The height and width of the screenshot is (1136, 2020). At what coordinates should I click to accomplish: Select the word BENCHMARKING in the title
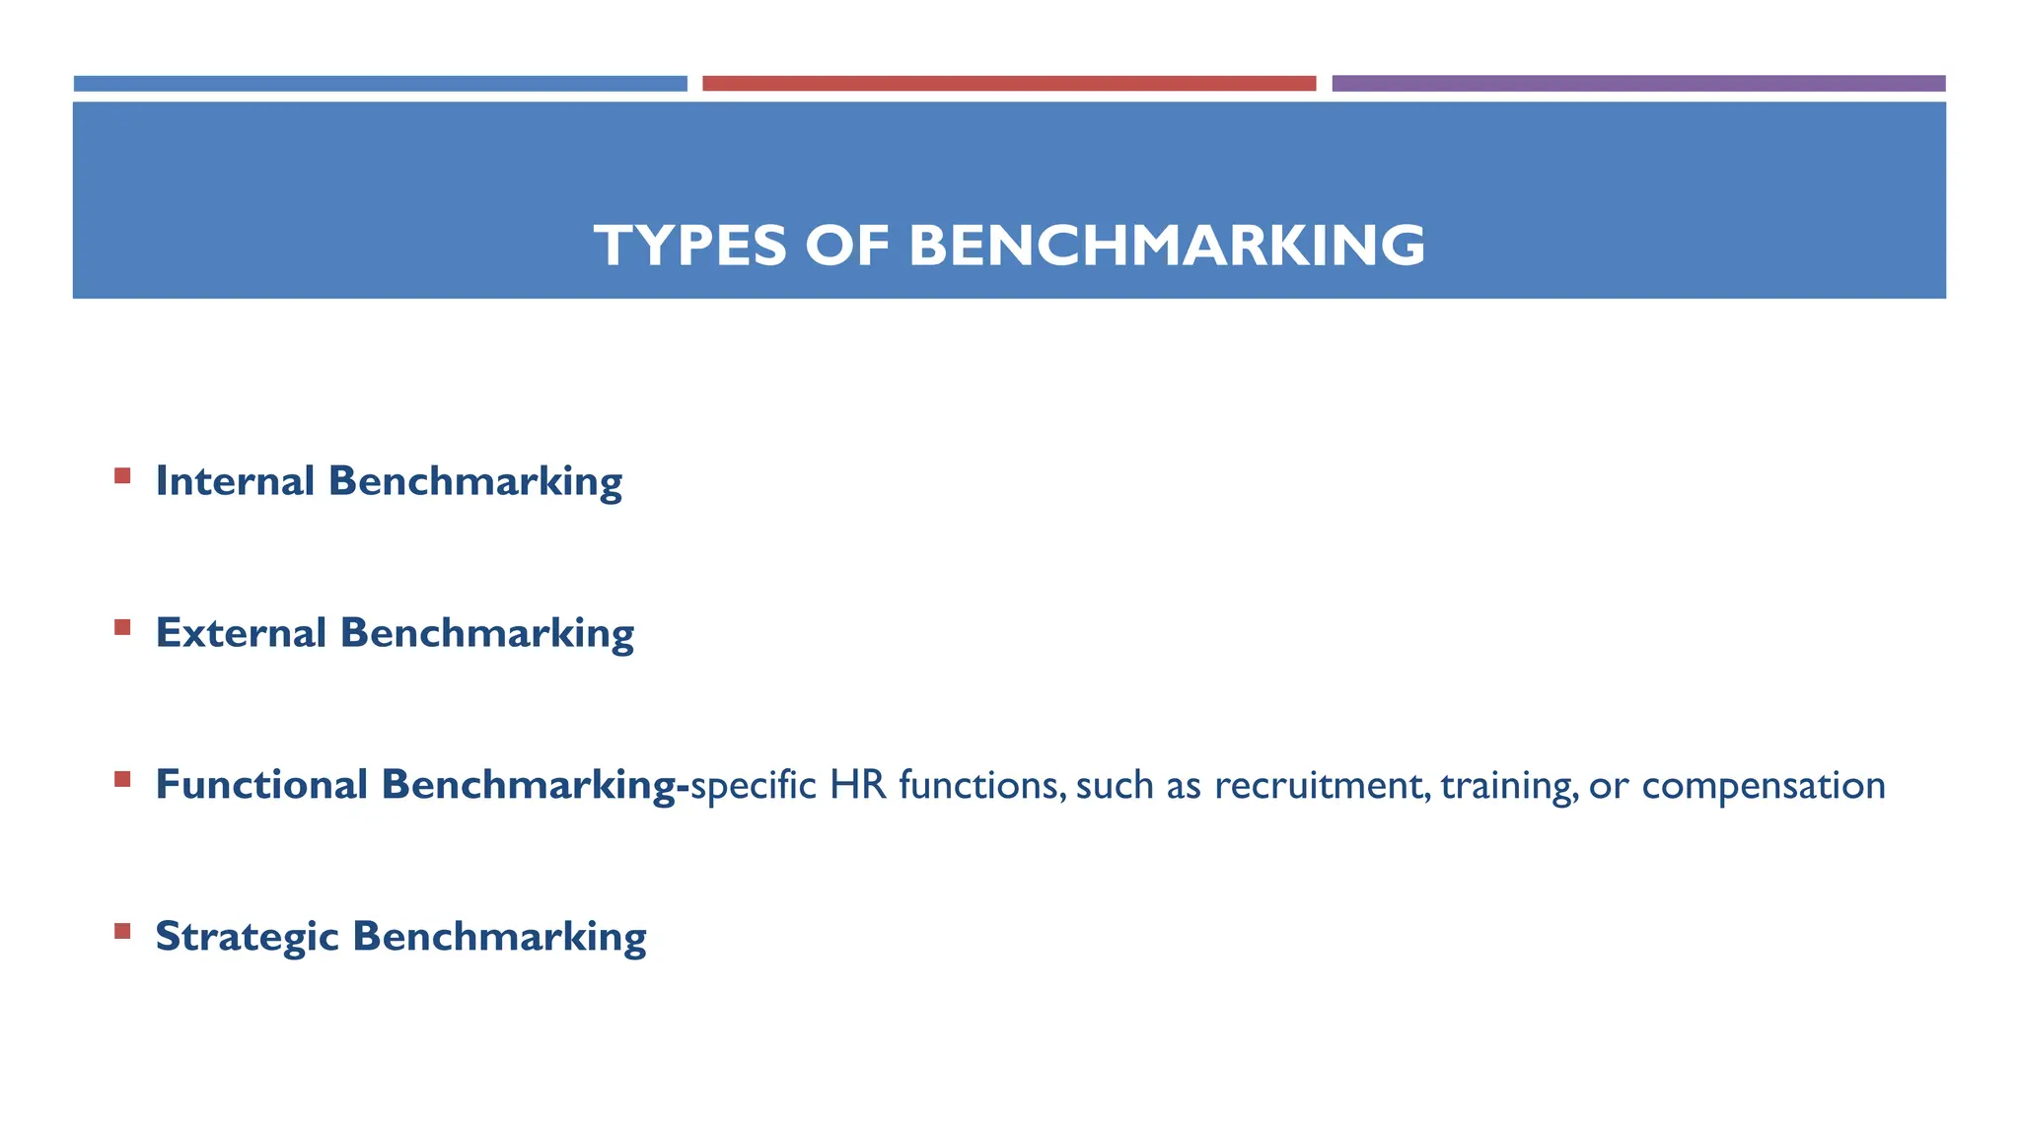tap(1166, 246)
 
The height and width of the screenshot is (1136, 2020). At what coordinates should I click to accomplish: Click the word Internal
tap(235, 481)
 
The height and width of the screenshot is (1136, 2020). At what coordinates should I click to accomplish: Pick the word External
tap(241, 633)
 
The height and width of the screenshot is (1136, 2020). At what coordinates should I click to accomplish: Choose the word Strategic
tap(247, 937)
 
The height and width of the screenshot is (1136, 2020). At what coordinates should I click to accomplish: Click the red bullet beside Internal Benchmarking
tap(122, 476)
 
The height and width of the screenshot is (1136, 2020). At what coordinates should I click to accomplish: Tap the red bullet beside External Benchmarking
tap(122, 627)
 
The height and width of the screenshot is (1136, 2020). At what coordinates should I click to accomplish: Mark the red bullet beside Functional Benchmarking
tap(122, 779)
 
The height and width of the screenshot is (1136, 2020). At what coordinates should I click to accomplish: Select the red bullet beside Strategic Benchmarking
tap(122, 931)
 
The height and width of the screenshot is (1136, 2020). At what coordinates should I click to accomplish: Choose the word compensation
tap(1764, 785)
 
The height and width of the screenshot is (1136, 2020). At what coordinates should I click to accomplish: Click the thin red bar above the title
tap(1009, 84)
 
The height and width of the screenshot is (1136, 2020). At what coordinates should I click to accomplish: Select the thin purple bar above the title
tap(1638, 84)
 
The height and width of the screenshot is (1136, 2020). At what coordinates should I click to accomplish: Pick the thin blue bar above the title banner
tap(380, 84)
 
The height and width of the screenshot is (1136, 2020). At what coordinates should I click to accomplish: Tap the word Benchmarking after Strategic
tap(499, 937)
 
